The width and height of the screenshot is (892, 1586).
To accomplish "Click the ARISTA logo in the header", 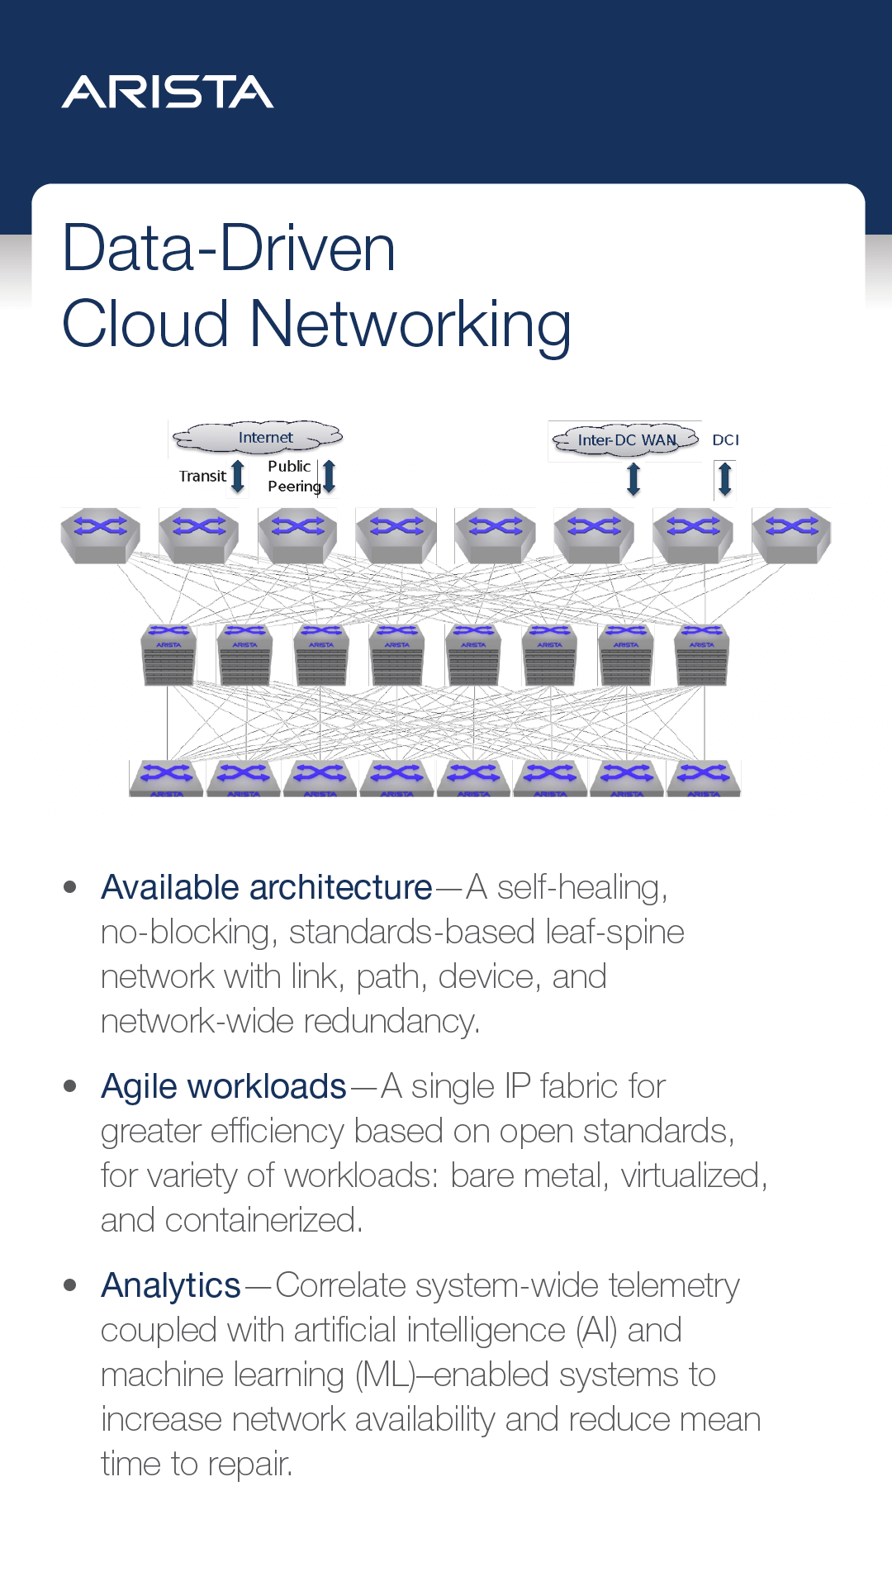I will (168, 92).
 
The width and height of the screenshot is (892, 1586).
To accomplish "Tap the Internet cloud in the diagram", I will (258, 437).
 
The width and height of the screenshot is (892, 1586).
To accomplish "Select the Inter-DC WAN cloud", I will (625, 439).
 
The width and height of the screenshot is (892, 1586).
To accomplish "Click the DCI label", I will (725, 439).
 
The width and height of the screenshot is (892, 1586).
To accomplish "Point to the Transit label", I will (202, 476).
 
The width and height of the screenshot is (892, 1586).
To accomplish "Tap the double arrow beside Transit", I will (238, 477).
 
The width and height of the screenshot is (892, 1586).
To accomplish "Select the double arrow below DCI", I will (724, 479).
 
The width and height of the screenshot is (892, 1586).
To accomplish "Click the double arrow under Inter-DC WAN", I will (633, 479).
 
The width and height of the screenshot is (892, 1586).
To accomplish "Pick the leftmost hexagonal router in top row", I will (101, 535).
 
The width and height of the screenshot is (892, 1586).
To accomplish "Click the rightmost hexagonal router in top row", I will (791, 535).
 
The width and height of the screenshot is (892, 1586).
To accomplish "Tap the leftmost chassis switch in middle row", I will (168, 655).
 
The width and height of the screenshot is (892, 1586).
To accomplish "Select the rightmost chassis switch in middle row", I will (702, 655).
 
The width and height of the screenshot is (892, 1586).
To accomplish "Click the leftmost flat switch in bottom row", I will (166, 778).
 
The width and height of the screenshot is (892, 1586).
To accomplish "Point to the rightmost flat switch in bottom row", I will (704, 778).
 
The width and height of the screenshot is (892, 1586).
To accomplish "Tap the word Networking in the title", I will (410, 324).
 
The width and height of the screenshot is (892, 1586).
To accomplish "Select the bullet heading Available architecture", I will (266, 887).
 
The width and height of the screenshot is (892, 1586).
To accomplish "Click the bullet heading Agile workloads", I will (223, 1086).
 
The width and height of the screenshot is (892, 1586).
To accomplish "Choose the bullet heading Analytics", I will (170, 1285).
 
